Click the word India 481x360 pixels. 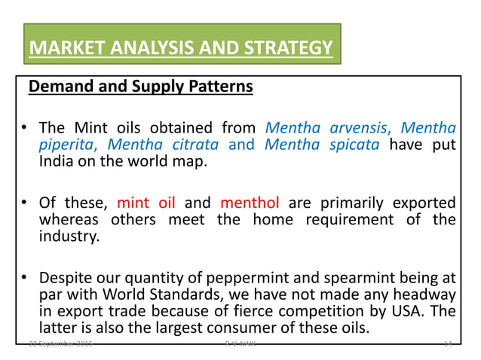pos(58,162)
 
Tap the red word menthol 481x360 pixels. pos(250,202)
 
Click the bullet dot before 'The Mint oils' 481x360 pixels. pos(25,127)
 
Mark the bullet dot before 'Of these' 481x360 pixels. pos(25,203)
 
